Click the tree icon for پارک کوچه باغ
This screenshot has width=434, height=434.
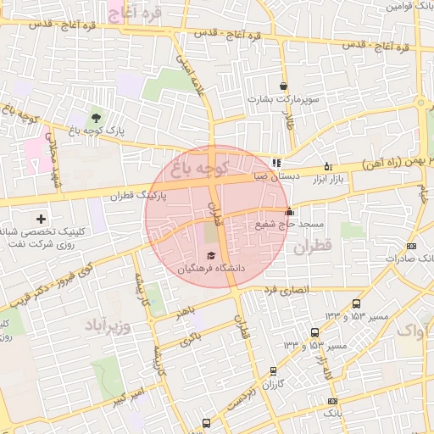pos(95,117)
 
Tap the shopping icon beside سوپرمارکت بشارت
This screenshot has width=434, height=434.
pos(282,86)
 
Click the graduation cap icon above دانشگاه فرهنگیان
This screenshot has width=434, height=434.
pos(210,255)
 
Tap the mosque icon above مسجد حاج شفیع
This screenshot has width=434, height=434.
pos(290,212)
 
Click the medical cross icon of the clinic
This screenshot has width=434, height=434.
pos(41,220)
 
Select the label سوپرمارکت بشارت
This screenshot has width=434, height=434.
pos(282,99)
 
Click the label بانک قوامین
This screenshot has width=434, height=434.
pos(407,5)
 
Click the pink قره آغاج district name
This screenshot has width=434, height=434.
pos(135,12)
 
